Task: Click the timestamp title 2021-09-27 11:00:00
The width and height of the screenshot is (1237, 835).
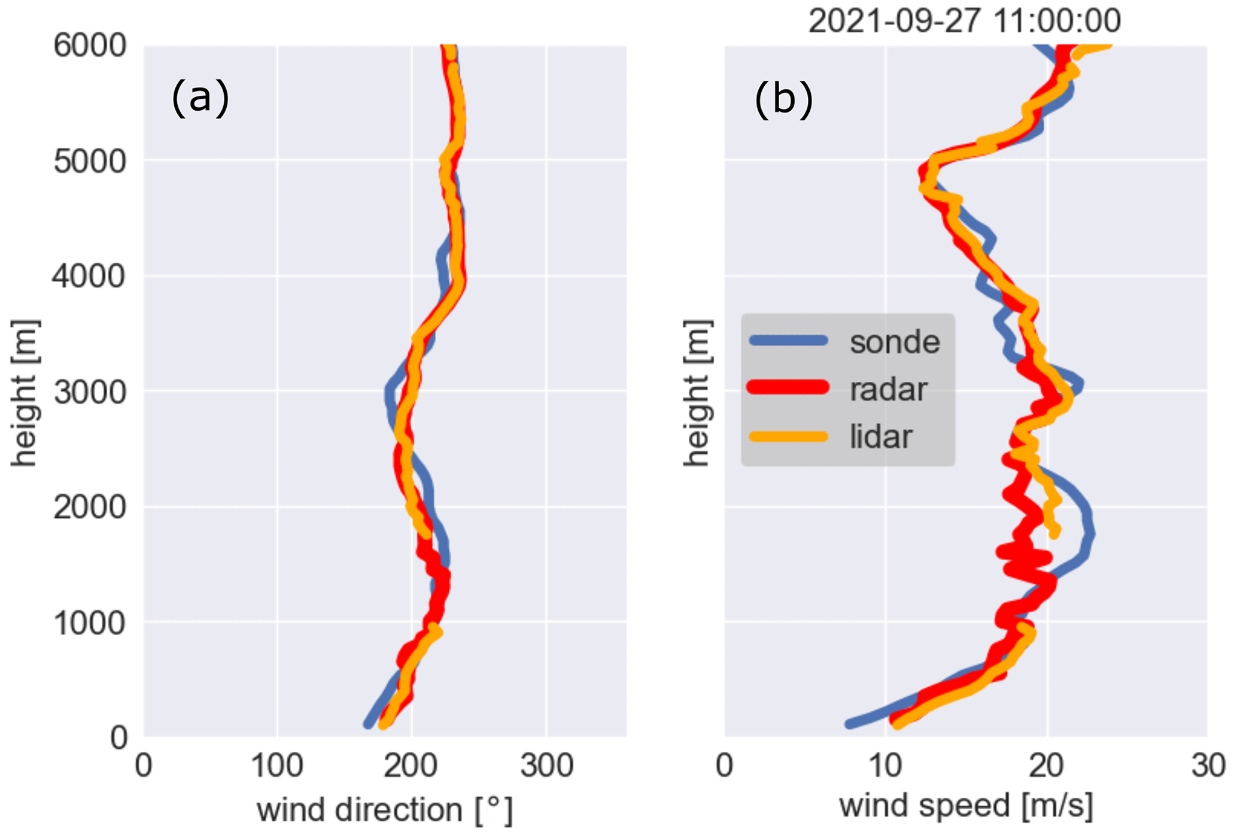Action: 964,21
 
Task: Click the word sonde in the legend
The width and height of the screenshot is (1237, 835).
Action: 895,342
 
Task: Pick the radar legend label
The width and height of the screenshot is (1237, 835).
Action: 888,389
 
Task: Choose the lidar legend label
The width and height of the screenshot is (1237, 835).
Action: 881,436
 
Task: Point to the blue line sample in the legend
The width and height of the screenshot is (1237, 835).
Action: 789,341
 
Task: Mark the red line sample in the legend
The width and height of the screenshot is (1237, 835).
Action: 789,388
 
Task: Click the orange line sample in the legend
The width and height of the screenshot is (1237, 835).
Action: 789,436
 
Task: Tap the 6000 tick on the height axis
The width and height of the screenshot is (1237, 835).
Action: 90,46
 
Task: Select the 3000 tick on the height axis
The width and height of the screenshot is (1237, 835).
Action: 90,393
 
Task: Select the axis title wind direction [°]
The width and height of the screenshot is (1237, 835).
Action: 385,810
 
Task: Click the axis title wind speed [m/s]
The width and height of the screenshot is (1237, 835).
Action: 966,806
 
